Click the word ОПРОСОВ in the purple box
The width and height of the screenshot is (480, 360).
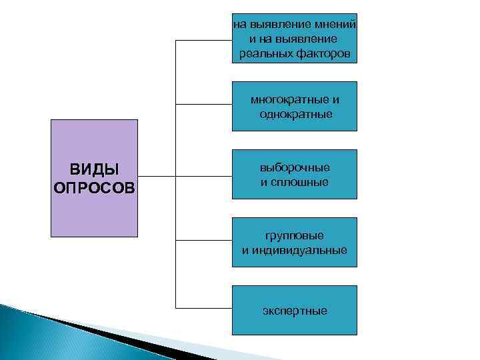pyautogui.click(x=94, y=185)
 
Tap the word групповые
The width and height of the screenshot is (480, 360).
pyautogui.click(x=295, y=236)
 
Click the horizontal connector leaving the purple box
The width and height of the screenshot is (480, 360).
pyautogui.click(x=157, y=177)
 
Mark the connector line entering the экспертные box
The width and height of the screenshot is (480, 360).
pyautogui.click(x=203, y=308)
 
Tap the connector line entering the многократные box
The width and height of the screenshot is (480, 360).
pyautogui.click(x=203, y=105)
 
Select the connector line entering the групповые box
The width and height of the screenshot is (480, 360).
pyautogui.click(x=203, y=239)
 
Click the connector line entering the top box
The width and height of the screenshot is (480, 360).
pyautogui.click(x=203, y=40)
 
